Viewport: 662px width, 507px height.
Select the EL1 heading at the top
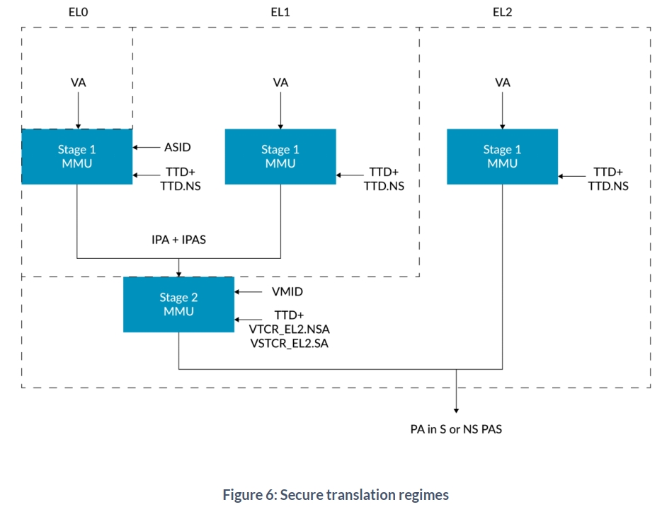pyautogui.click(x=280, y=13)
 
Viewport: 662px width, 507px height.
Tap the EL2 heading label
pyautogui.click(x=502, y=13)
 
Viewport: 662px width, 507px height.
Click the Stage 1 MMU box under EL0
pyautogui.click(x=76, y=156)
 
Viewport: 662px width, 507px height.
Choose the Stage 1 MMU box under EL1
pyautogui.click(x=280, y=156)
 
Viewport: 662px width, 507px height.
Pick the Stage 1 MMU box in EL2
pyautogui.click(x=502, y=156)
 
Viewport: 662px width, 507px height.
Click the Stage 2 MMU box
pyautogui.click(x=178, y=305)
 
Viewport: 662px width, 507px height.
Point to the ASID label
pyautogui.click(x=178, y=148)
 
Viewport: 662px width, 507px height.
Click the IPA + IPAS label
pyautogui.click(x=178, y=240)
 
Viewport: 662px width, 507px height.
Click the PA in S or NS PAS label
pyautogui.click(x=456, y=429)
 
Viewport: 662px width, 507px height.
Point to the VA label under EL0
pyautogui.click(x=78, y=83)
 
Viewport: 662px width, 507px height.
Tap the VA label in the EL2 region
pyautogui.click(x=503, y=83)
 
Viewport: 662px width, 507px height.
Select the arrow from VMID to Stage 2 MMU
pyautogui.click(x=248, y=291)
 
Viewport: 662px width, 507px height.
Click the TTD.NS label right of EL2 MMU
pyautogui.click(x=608, y=186)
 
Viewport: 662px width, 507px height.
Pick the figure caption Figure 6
pyautogui.click(x=336, y=495)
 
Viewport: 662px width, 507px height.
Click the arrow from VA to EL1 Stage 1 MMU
pyautogui.click(x=281, y=109)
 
